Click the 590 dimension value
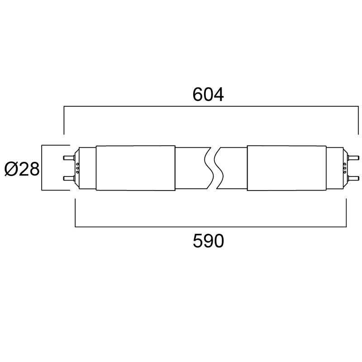pos(208,241)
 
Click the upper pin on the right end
pos(350,157)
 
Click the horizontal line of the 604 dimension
pos(208,107)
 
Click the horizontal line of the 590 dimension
pos(208,226)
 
